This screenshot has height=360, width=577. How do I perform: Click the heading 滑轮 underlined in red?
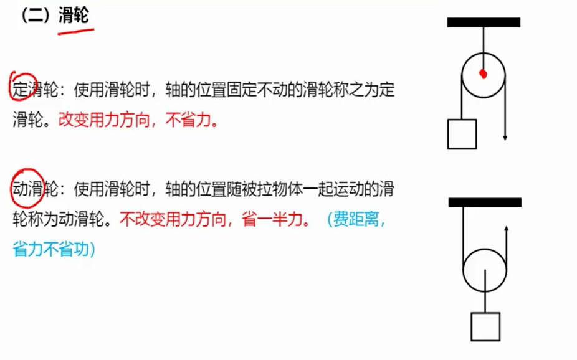click(x=74, y=17)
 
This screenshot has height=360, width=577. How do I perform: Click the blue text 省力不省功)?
click(x=54, y=250)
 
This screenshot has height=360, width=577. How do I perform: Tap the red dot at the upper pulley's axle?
click(x=482, y=75)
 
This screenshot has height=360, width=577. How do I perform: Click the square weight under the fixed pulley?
click(x=462, y=134)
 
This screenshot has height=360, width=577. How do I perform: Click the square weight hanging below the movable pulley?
click(x=486, y=327)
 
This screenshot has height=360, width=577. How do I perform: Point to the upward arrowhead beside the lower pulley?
click(x=505, y=229)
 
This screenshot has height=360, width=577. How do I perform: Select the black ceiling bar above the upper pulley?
click(x=484, y=22)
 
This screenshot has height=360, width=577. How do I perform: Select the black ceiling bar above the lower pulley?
click(x=485, y=202)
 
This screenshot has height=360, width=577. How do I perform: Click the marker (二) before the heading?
click(x=35, y=17)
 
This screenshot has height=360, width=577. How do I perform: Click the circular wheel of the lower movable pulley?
click(x=485, y=268)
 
